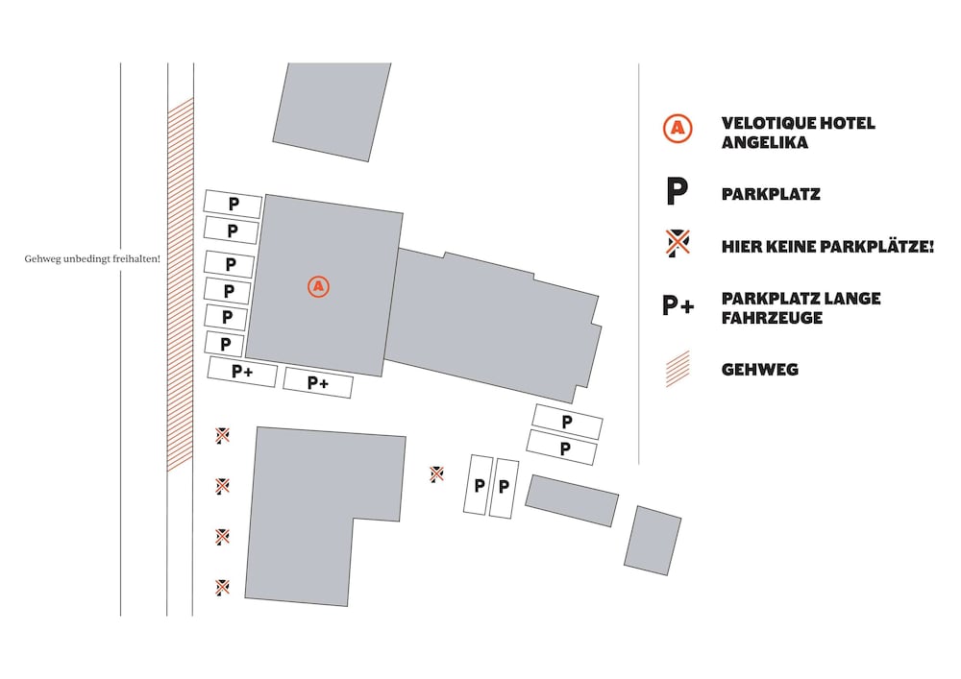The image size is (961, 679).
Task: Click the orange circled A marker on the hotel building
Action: [318, 286]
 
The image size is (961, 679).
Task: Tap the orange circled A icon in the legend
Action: [678, 129]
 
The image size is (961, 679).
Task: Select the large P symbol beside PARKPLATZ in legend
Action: [678, 192]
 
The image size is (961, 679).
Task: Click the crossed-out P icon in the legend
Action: [678, 243]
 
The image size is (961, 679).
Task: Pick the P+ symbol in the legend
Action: [678, 304]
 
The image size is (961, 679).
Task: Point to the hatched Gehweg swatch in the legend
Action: [678, 369]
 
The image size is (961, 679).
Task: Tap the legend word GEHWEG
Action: [760, 370]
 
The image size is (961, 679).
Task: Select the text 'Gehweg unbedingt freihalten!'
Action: [92, 259]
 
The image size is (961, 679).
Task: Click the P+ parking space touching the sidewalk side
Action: [242, 372]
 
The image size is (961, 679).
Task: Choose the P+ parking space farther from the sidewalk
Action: [318, 382]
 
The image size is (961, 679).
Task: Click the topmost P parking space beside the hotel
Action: [233, 204]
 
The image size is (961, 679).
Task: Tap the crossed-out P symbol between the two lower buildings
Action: [436, 473]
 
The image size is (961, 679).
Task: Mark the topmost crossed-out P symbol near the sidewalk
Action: [223, 435]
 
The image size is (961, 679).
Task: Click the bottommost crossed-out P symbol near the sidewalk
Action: [223, 587]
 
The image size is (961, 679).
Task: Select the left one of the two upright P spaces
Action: [478, 485]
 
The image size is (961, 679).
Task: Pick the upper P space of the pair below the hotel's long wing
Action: [567, 422]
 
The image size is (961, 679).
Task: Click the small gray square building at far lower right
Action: [653, 541]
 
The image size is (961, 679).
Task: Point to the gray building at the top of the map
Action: [333, 111]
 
